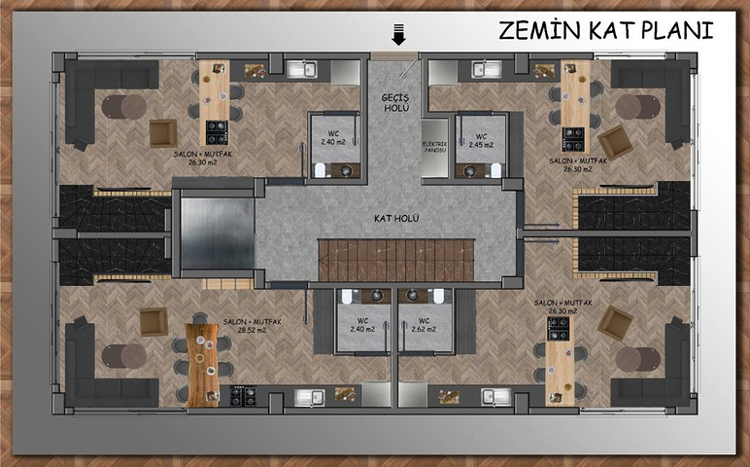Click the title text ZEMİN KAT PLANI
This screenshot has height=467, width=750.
pyautogui.click(x=605, y=30)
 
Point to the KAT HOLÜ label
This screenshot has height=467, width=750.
pyautogui.click(x=395, y=219)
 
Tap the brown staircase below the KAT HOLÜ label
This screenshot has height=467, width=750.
pyautogui.click(x=395, y=260)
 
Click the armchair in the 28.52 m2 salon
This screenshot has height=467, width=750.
pyautogui.click(x=153, y=321)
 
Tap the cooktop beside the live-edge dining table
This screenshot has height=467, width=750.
pyautogui.click(x=243, y=395)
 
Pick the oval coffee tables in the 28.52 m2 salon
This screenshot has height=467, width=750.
pyautogui.click(x=123, y=355)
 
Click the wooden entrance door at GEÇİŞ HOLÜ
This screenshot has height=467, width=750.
pyautogui.click(x=395, y=56)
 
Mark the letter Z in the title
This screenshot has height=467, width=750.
pyautogui.click(x=508, y=30)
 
